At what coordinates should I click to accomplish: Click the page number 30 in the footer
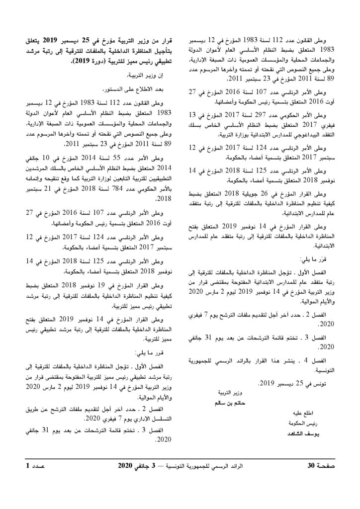pyautogui.click(x=311, y=466)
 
